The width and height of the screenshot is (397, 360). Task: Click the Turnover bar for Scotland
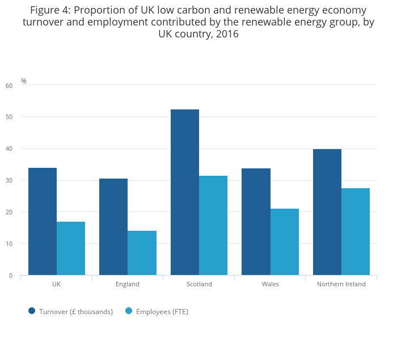185,192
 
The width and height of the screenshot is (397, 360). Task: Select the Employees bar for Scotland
213,226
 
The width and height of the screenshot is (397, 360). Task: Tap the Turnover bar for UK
43,222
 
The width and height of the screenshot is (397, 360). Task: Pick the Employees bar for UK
71,248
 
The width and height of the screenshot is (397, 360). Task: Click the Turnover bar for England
113,227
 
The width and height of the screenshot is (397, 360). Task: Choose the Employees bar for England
142,253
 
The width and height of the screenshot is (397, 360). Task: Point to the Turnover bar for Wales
256,222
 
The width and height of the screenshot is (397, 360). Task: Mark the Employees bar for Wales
284,242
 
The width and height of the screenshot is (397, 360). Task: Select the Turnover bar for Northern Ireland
327,212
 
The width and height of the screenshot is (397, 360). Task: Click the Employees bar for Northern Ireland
356,232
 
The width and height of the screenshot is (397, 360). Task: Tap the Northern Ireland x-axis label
341,284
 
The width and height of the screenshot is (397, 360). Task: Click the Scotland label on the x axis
199,284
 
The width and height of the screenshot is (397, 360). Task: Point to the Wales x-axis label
271,284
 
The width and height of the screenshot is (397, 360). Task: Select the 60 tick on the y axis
9,86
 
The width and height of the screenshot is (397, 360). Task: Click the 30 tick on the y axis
9,181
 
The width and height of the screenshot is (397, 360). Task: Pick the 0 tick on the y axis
10,276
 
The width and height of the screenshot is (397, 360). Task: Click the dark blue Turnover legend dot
32,311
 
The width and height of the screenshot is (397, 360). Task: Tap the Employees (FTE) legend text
162,311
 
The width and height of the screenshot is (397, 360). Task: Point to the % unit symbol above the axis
24,81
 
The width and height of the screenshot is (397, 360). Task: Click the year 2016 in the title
227,34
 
